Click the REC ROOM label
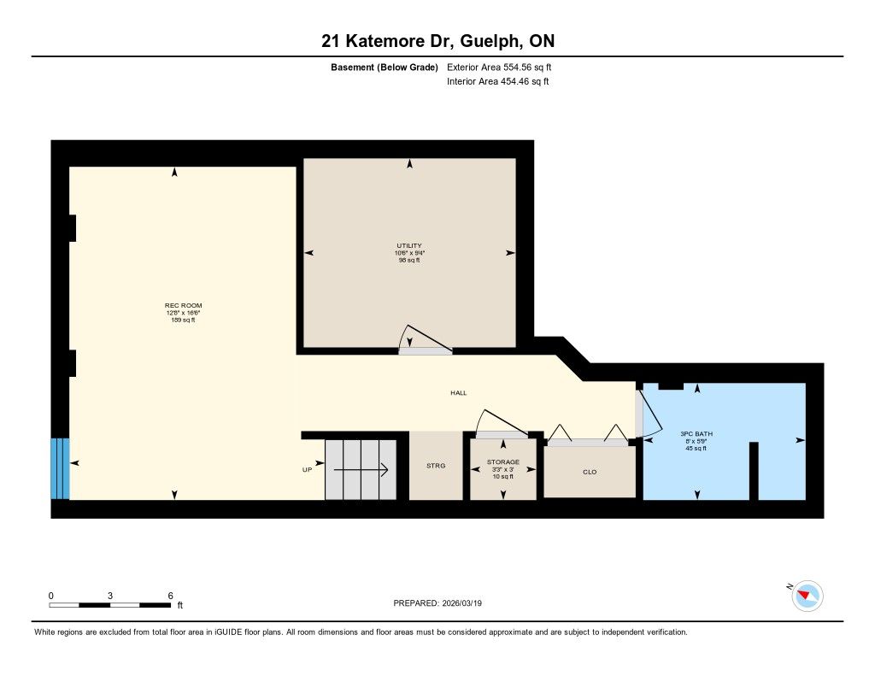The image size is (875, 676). click(x=183, y=305)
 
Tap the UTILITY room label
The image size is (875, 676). click(x=409, y=245)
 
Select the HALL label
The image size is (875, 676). click(x=459, y=393)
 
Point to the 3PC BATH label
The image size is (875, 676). click(x=696, y=434)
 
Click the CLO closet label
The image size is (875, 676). click(x=590, y=473)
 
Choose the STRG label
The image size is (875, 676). click(x=436, y=466)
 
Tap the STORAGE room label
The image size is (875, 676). click(x=502, y=462)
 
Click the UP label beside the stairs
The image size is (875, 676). click(x=307, y=470)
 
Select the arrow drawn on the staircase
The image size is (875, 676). click(x=361, y=470)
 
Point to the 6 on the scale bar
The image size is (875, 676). click(x=171, y=596)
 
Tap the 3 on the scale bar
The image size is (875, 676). click(x=110, y=596)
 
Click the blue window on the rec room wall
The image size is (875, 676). click(x=61, y=468)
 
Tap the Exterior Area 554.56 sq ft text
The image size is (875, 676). click(x=499, y=67)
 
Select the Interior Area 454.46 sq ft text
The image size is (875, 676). click(x=498, y=81)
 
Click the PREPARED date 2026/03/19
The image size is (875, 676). click(x=461, y=603)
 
